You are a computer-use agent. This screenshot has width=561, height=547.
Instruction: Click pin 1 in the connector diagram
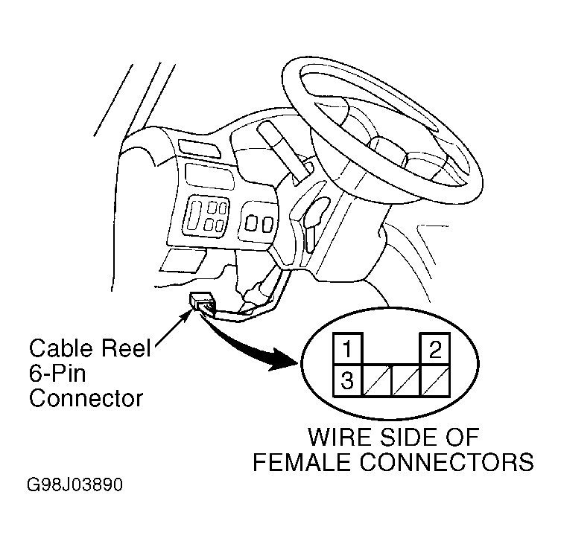pos(348,349)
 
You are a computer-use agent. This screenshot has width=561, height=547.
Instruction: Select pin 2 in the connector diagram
pos(435,349)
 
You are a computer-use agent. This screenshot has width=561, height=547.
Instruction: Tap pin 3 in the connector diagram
pos(348,380)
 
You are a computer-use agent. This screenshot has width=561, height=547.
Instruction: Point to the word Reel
pos(126,348)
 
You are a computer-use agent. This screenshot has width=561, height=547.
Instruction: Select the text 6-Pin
pos(57,374)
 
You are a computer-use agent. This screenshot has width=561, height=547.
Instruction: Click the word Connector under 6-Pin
pos(86,398)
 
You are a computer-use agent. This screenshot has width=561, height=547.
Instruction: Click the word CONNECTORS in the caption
pos(446,461)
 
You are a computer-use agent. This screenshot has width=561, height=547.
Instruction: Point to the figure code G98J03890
pos(75,484)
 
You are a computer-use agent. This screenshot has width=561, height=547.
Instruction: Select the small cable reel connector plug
pos(203,302)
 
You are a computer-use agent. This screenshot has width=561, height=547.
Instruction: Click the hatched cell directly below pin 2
pos(435,380)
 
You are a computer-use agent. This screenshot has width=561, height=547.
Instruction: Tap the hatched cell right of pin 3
pos(378,380)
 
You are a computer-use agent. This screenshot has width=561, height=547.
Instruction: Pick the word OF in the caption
pos(463,437)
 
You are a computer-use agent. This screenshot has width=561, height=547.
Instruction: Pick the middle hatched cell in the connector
pos(407,380)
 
